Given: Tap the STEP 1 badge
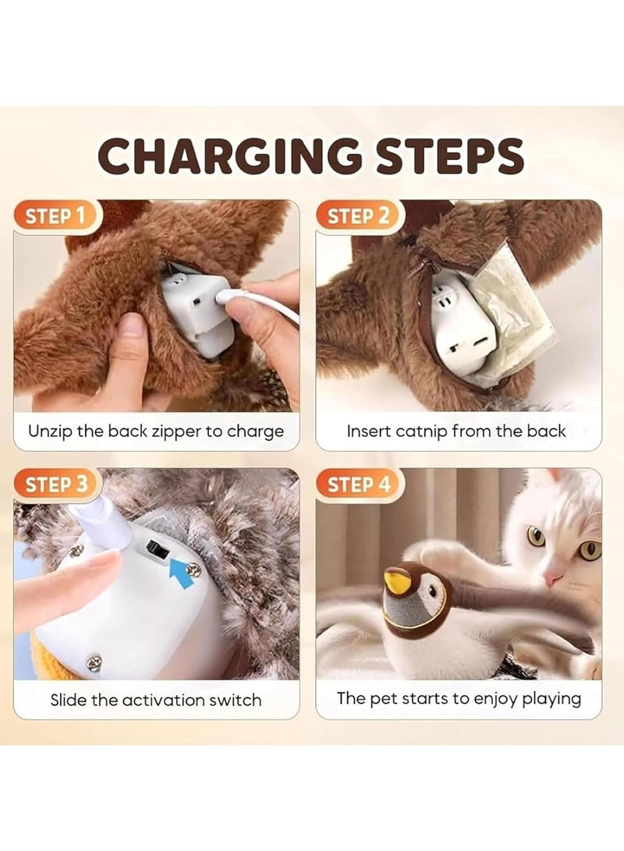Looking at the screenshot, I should coord(55,216).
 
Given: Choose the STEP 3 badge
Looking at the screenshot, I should coord(55,484).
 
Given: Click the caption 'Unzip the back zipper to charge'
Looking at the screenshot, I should coord(156,431).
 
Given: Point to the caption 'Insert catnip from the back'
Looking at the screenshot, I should coord(456,431).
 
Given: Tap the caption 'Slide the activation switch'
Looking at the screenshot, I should coord(156,700).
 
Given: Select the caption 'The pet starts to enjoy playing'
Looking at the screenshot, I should coord(459,698).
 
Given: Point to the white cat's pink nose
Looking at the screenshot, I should coord(552,580).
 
